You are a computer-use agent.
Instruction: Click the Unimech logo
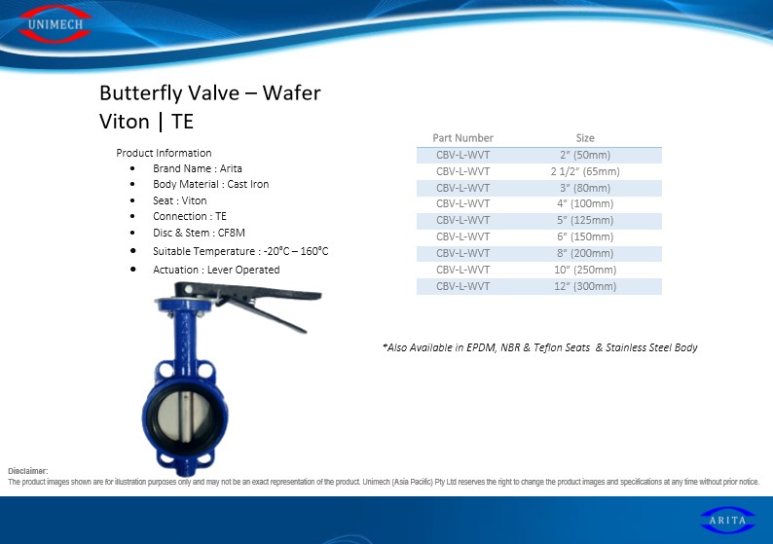[55, 23]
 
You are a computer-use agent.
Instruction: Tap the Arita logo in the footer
[727, 520]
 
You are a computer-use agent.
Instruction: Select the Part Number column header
[462, 138]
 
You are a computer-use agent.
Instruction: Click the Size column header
[585, 138]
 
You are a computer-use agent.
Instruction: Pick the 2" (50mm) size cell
[585, 155]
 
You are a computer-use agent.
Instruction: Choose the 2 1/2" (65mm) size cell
[585, 171]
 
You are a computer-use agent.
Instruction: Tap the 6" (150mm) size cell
[585, 236]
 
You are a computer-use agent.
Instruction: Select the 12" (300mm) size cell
[585, 286]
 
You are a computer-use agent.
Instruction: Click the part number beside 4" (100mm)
[462, 203]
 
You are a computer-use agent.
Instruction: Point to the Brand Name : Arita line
[198, 168]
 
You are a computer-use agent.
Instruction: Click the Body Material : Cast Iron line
[211, 184]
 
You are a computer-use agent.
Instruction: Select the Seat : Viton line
[180, 200]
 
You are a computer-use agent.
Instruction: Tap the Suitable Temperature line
[240, 251]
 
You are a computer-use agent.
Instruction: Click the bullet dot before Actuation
[133, 269]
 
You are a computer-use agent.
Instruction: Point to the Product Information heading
[164, 153]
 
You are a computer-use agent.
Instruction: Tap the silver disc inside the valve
[184, 417]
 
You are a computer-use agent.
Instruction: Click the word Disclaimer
[27, 471]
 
